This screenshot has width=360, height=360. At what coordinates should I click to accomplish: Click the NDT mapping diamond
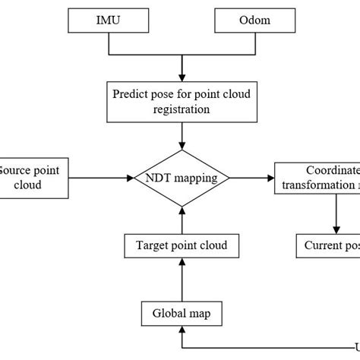[x=182, y=179]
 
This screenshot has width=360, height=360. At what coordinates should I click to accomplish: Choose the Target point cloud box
[x=182, y=245]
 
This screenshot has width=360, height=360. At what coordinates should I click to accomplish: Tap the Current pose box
[x=328, y=245]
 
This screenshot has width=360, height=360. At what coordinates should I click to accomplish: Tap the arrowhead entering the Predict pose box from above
[x=182, y=77]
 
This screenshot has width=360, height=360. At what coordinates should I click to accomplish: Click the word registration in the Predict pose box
[x=182, y=109]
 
